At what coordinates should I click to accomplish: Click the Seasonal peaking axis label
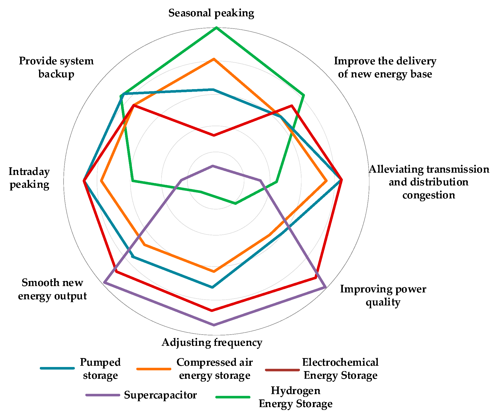[x=211, y=13]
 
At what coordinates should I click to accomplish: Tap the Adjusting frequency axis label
[x=212, y=342]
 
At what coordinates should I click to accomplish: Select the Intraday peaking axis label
[x=29, y=178]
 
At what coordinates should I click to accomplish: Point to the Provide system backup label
[x=56, y=67]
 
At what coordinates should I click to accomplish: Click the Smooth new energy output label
[x=53, y=289]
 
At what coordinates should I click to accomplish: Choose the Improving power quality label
[x=383, y=295]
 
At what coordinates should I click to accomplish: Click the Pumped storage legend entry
[x=100, y=369]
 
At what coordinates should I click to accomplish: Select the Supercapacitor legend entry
[x=160, y=395]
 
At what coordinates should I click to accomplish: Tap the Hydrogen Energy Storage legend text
[x=296, y=397]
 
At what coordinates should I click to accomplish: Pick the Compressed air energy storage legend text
[x=214, y=369]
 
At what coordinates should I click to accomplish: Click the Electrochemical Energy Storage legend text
[x=340, y=369]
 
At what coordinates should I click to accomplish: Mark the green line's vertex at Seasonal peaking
[x=216, y=27]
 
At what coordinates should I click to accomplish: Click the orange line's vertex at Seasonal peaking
[x=214, y=59]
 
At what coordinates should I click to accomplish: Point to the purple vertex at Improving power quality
[x=325, y=288]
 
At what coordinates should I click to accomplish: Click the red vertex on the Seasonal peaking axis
[x=214, y=135]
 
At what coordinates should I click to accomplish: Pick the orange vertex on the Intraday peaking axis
[x=101, y=181]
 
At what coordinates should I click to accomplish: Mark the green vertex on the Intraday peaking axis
[x=132, y=181]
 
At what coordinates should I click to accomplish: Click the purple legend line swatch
[x=103, y=395]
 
